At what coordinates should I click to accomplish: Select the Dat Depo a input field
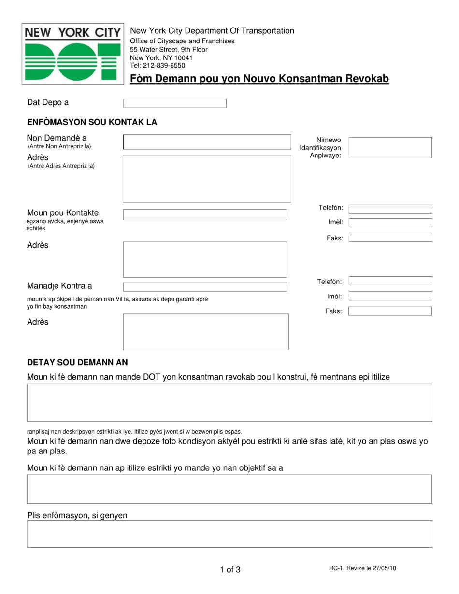pos(175,103)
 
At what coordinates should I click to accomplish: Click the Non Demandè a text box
pos(207,142)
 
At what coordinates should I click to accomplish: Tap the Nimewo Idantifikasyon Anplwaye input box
pos(390,148)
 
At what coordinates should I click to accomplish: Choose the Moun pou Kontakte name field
pos(205,214)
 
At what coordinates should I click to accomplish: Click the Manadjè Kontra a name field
pos(205,287)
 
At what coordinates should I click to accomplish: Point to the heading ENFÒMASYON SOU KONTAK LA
pos(92,122)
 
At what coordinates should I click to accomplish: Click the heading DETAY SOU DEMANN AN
pos(77,362)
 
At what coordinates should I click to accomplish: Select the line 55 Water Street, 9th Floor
pos(169,50)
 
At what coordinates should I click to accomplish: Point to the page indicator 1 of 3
pos(230,570)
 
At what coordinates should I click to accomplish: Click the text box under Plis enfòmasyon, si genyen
pos(229,534)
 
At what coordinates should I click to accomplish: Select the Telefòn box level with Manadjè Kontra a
pos(390,281)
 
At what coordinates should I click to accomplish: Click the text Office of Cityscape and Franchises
pos(182,41)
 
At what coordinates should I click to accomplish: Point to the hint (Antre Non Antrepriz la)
pos(59,146)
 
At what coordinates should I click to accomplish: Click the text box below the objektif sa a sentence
pos(229,489)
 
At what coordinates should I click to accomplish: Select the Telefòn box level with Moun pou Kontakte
pos(390,209)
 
